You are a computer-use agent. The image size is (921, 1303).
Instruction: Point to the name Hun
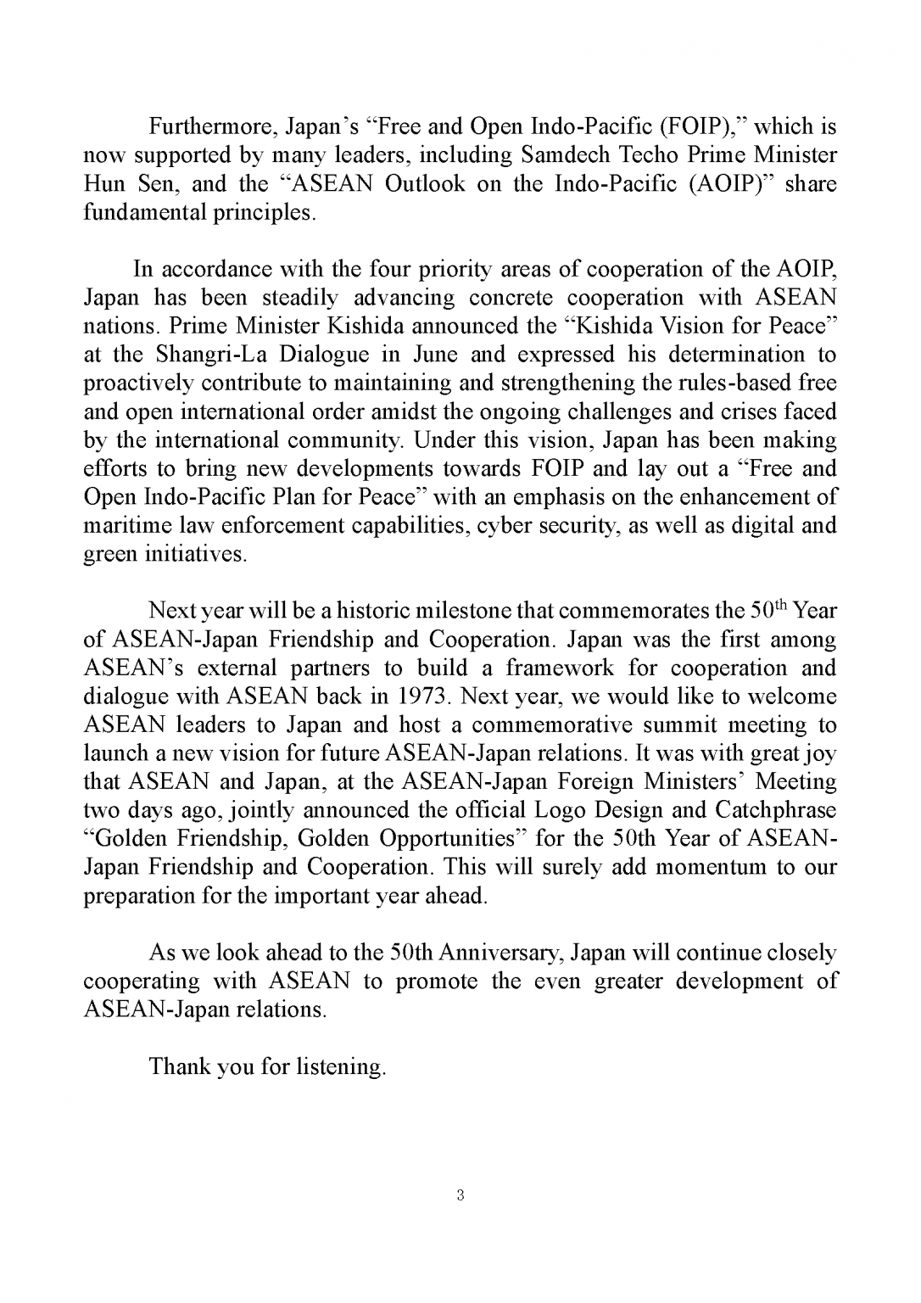point(103,184)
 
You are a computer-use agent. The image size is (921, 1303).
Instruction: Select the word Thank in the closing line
point(179,1066)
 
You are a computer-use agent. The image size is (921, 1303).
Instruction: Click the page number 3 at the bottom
point(460,1196)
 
